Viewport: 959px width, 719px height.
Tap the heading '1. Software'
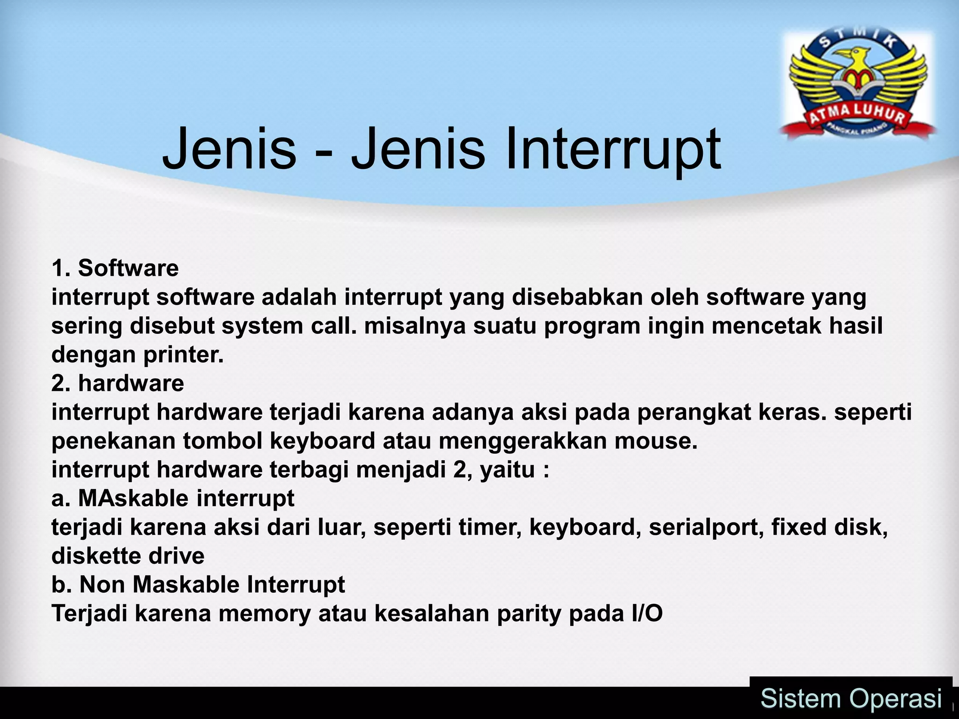(x=115, y=269)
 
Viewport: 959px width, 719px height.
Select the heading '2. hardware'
(x=118, y=383)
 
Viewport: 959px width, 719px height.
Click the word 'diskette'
(x=96, y=556)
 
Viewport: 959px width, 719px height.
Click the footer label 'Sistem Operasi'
(x=851, y=699)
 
